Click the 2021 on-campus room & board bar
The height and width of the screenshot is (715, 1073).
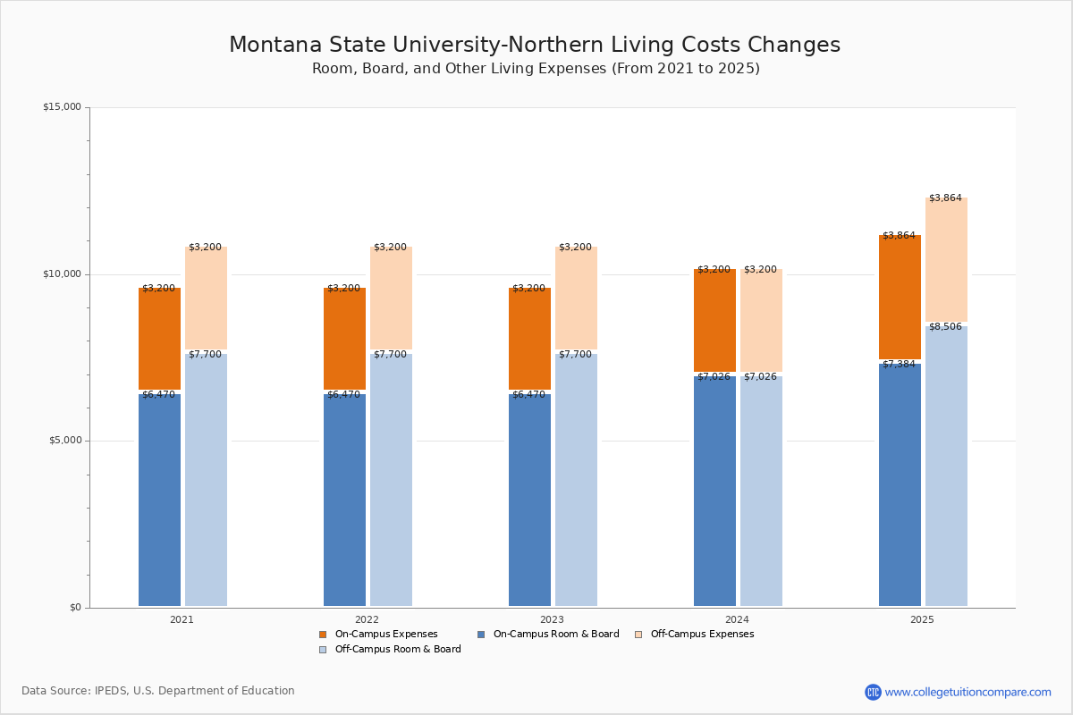(159, 500)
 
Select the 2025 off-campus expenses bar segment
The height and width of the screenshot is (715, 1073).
(946, 259)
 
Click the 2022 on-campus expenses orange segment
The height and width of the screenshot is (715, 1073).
(344, 339)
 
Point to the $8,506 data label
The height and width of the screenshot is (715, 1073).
(945, 327)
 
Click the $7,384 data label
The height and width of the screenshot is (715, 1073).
(899, 365)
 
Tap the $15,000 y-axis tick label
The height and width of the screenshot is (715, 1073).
(62, 107)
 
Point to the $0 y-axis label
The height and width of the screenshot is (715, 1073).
(75, 608)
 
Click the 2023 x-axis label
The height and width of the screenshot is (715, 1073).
(552, 619)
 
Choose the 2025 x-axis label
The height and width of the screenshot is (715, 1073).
(922, 619)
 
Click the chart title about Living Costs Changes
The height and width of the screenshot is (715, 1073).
(535, 45)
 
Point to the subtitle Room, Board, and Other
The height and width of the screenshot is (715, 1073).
(536, 69)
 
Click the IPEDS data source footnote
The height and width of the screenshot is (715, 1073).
(158, 691)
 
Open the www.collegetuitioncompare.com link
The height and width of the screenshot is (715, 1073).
(967, 692)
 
